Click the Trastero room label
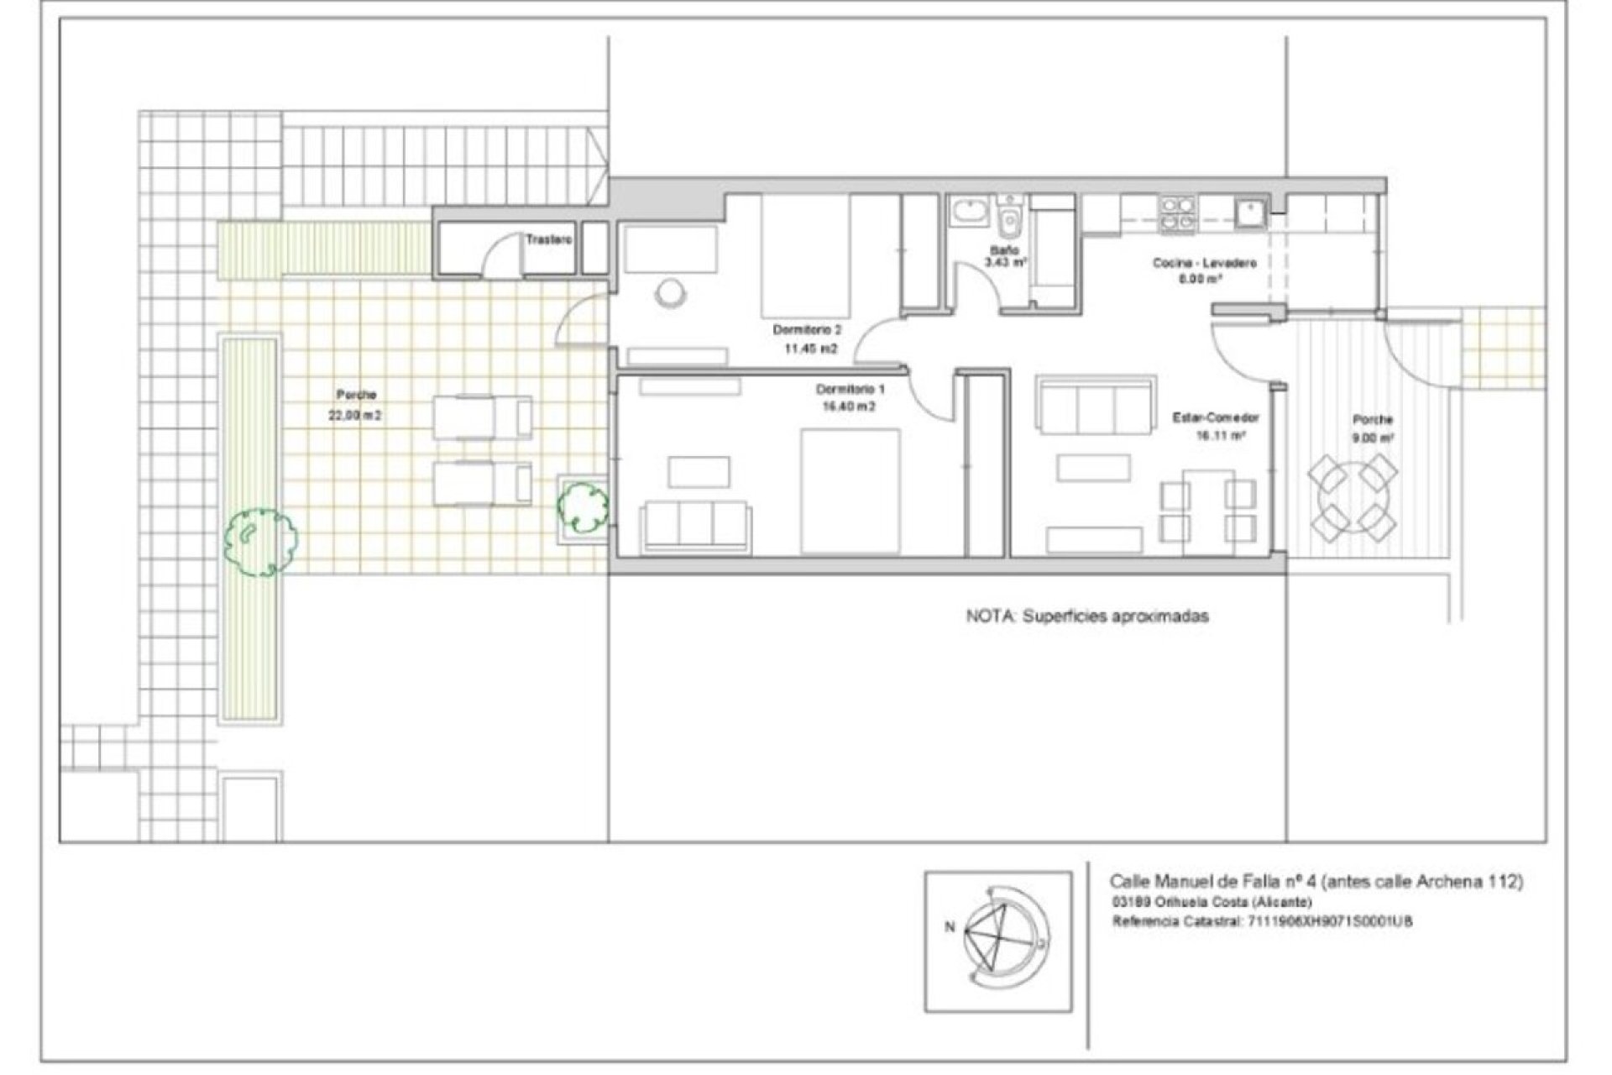tap(549, 239)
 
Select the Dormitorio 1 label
tap(850, 390)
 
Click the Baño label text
tap(1004, 250)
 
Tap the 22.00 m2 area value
tap(357, 415)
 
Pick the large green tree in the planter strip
tap(260, 540)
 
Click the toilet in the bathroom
tap(1008, 221)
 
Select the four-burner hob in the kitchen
tap(1177, 213)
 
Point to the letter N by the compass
tap(950, 927)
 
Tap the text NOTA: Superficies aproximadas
tap(1087, 616)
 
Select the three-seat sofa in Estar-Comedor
tap(1094, 406)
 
